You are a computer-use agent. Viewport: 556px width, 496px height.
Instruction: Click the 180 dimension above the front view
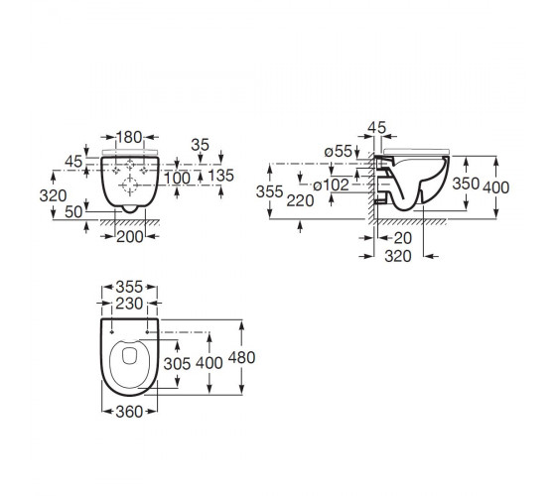[129, 137]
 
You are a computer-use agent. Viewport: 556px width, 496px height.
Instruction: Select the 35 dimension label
[200, 145]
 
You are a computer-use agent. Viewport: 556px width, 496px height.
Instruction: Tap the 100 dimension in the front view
[177, 178]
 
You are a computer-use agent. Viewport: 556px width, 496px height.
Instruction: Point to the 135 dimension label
[220, 176]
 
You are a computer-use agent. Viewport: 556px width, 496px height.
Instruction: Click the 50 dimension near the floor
[73, 212]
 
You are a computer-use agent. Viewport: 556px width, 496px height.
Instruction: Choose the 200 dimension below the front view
[130, 237]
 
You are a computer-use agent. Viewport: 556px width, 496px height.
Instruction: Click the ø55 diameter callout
[338, 151]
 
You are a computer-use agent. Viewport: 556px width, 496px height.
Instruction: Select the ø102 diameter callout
[332, 185]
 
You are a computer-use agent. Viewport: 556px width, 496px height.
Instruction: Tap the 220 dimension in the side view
[300, 200]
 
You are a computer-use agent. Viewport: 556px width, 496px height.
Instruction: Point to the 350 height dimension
[466, 184]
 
